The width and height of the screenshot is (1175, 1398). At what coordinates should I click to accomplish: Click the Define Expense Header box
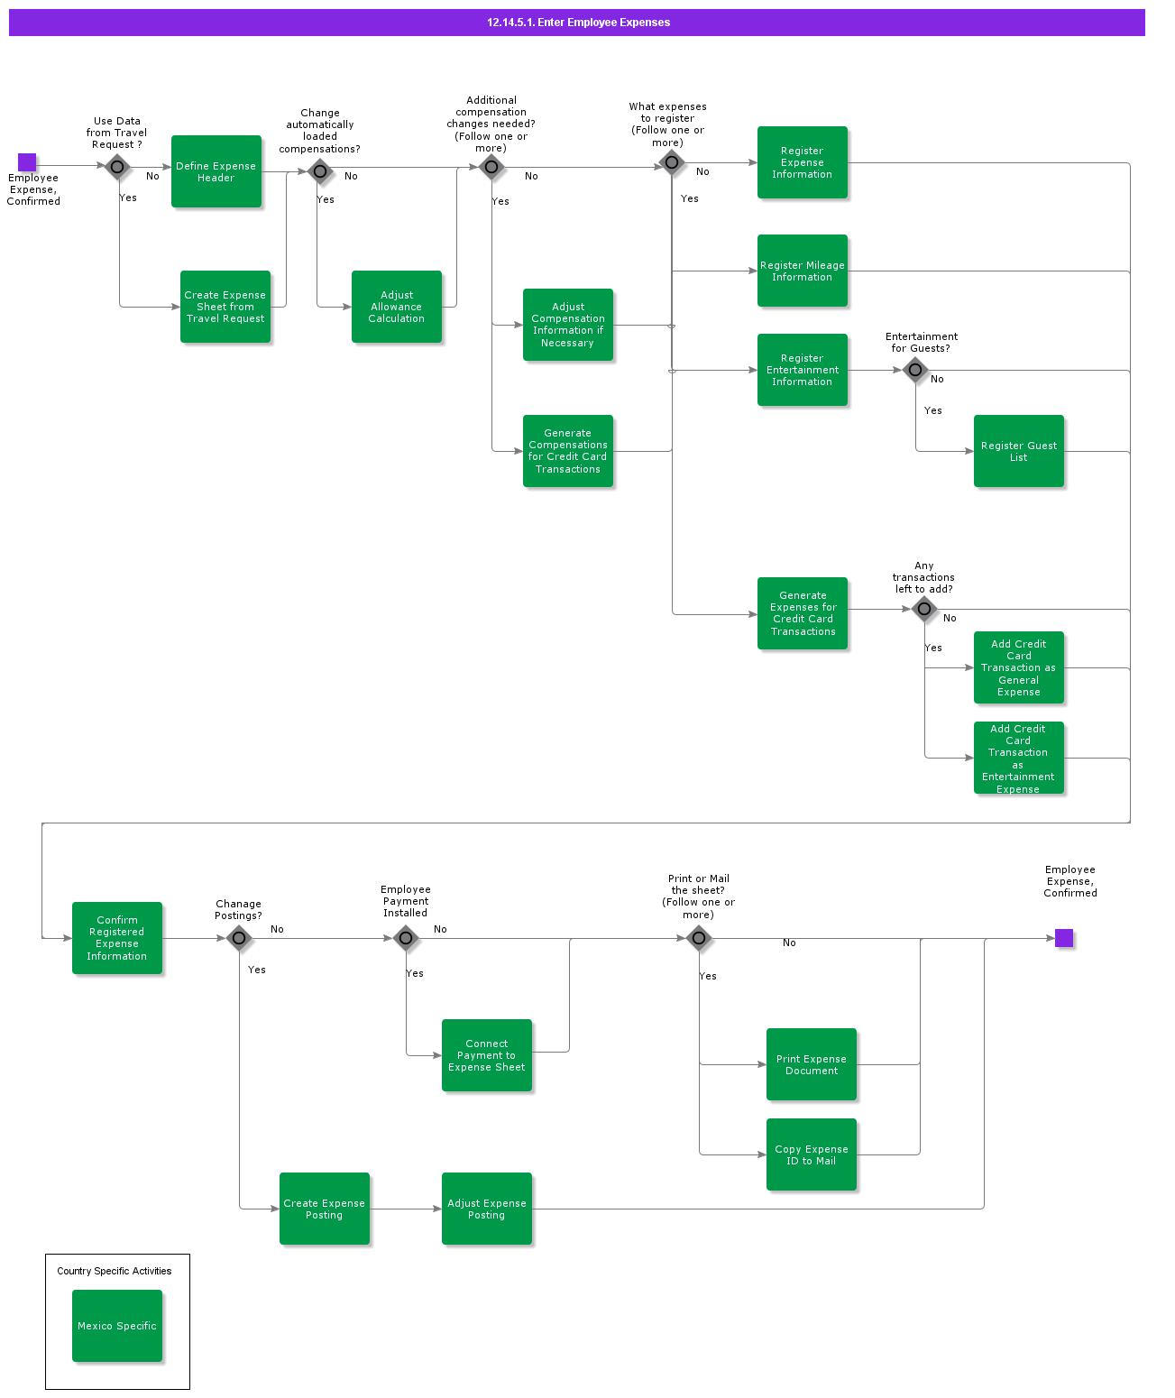216,171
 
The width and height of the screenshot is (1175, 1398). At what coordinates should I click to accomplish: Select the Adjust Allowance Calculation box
397,307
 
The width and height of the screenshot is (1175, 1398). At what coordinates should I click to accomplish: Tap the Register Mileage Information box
803,271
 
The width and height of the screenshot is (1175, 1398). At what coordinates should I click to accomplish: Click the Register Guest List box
1019,451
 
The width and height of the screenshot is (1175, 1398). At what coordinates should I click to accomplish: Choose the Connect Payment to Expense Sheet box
487,1055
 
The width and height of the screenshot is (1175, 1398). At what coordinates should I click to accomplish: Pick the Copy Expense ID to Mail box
812,1154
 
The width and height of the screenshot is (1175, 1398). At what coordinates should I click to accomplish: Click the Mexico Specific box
117,1326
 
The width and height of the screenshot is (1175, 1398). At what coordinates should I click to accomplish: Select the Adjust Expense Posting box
487,1209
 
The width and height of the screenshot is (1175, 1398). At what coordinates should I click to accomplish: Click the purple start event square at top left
27,162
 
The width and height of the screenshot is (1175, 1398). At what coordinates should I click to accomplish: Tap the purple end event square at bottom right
1064,938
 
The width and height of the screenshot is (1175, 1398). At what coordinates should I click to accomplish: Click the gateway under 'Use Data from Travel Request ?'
117,167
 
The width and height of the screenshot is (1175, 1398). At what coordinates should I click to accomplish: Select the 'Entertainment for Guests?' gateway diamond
915,369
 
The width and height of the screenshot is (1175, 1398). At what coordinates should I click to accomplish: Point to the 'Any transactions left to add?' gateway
924,609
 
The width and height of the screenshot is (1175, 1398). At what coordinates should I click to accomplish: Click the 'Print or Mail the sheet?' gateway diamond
699,938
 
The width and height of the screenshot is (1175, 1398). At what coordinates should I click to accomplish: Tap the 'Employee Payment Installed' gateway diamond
406,938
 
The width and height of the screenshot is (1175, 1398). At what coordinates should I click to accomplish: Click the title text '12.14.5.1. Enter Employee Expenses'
578,23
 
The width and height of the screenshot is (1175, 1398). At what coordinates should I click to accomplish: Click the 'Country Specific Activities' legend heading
115,1271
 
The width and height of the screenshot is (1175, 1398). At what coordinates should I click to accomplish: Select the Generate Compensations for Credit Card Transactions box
568,451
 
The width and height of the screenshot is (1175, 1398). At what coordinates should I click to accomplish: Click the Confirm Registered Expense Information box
117,938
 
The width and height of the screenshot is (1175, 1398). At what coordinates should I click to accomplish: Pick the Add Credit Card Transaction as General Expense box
1019,667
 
